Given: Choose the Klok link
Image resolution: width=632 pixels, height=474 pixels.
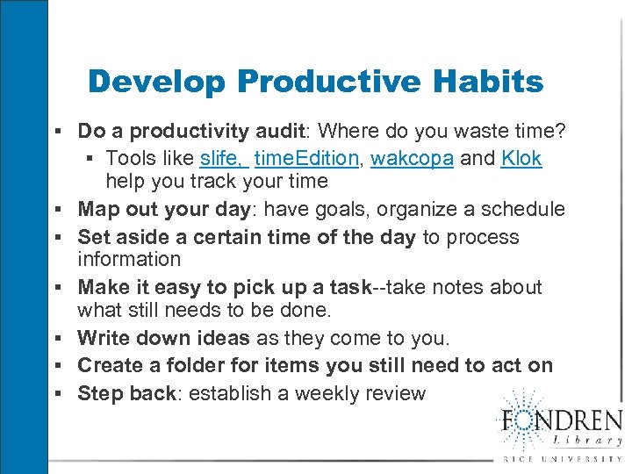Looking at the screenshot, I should point(521,159).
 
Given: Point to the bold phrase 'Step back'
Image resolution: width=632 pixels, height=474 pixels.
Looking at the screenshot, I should point(126,393).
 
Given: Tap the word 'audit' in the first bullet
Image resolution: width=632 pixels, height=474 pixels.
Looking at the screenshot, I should point(277,132).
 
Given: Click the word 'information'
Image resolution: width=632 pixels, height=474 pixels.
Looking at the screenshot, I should point(129,259).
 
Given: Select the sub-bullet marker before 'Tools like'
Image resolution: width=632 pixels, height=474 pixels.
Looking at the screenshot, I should point(90,159).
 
